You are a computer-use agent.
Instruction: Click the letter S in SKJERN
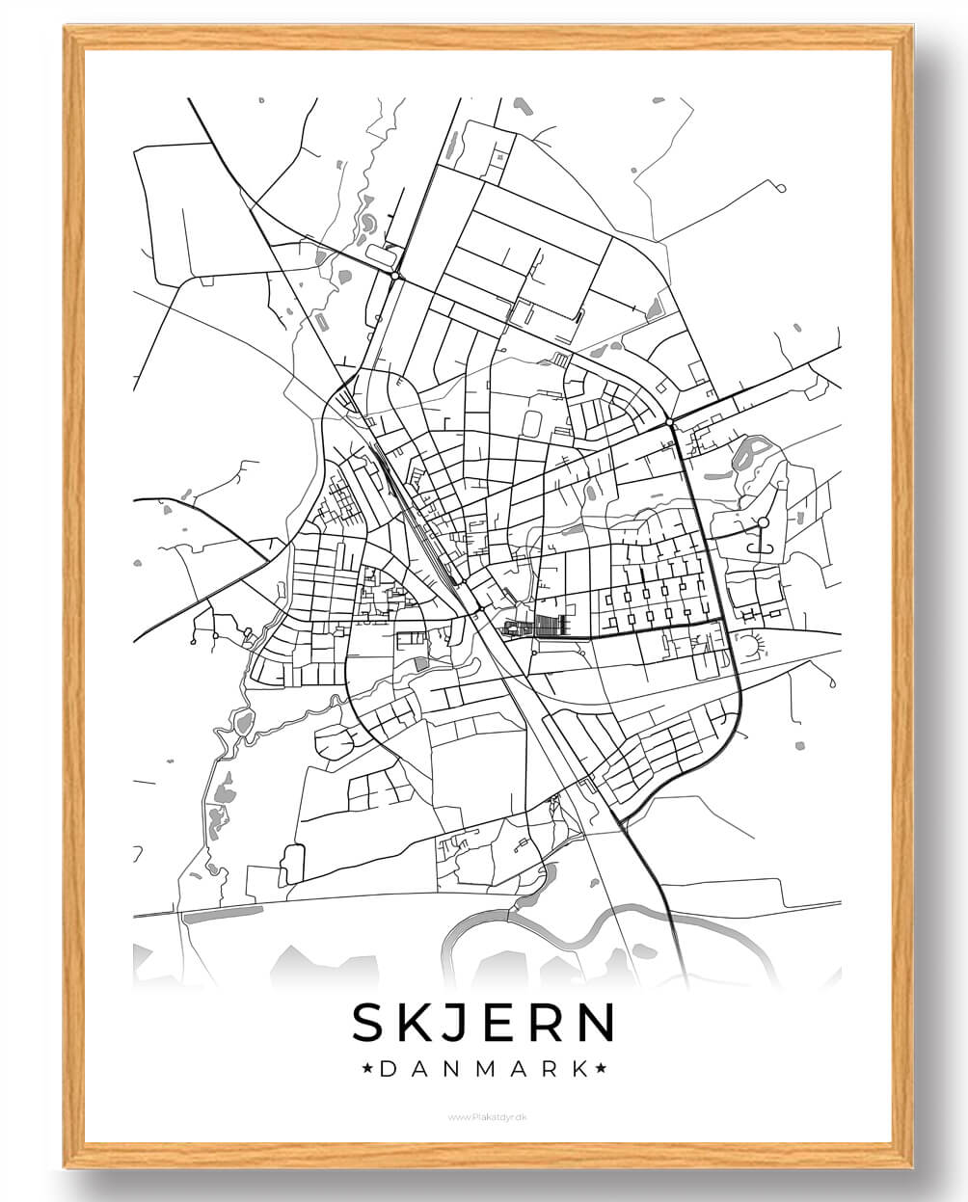(x=372, y=1023)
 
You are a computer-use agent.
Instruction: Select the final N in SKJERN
(x=595, y=1023)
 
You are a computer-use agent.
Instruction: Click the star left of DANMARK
(x=366, y=1068)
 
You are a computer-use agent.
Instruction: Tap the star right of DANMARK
(x=600, y=1068)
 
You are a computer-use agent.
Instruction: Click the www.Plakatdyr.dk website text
(x=484, y=1117)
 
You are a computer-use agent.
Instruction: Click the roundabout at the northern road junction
(x=395, y=277)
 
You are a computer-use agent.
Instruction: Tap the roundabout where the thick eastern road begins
(x=668, y=421)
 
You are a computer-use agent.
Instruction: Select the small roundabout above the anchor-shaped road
(x=763, y=522)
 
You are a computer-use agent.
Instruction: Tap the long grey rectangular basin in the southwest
(x=223, y=913)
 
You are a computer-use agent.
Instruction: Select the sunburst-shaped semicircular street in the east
(x=748, y=644)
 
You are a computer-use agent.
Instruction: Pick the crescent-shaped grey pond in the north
(x=367, y=224)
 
